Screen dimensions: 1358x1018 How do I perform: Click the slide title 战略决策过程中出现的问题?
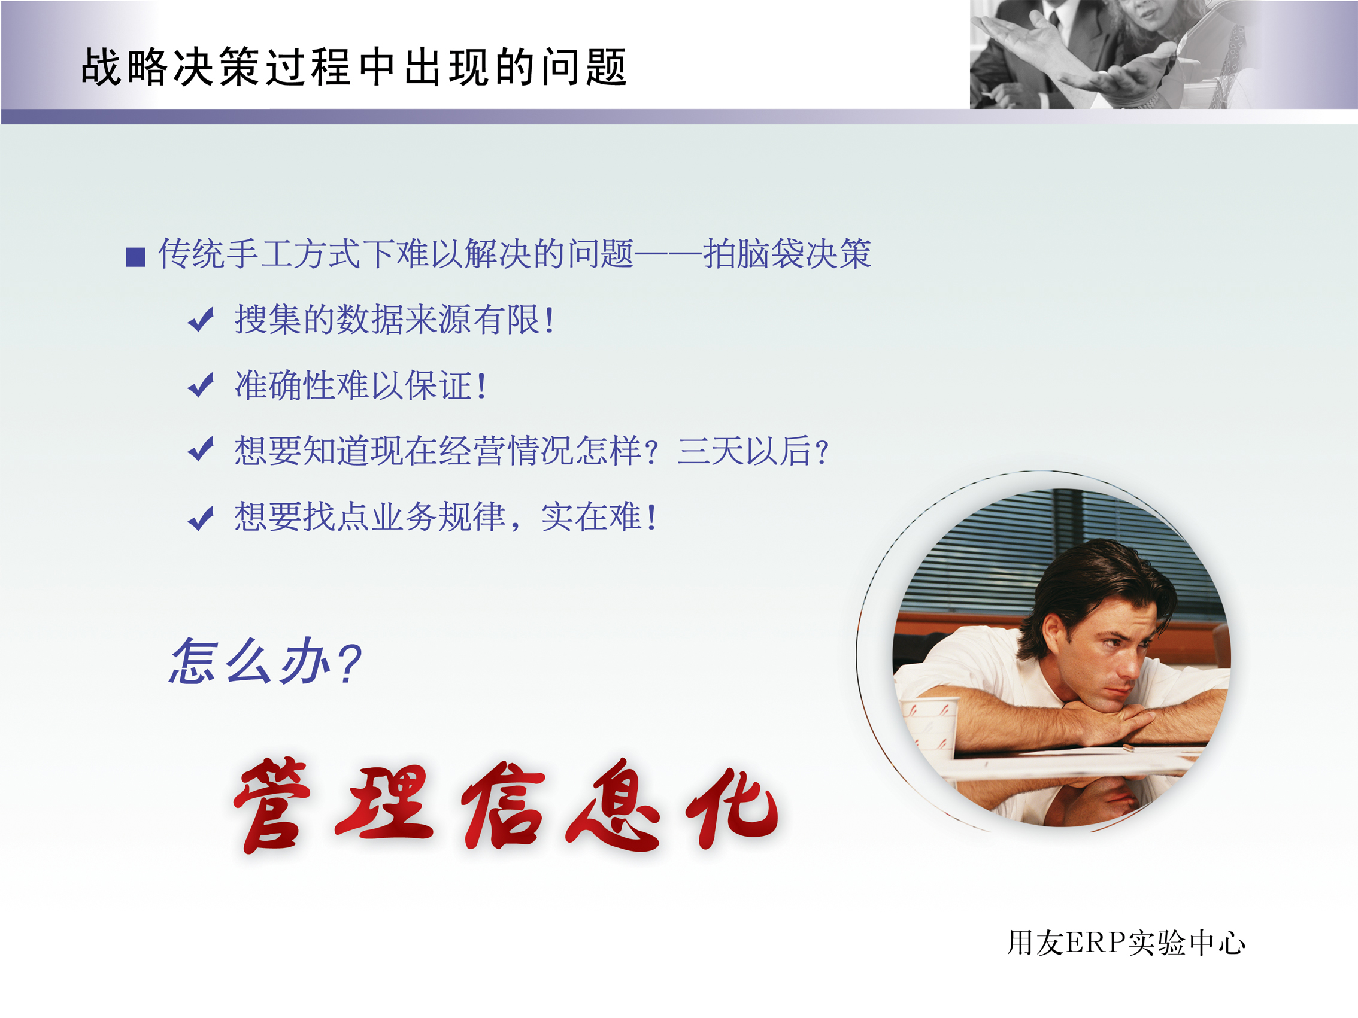[354, 67]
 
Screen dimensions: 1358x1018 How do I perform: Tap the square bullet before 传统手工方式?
[135, 257]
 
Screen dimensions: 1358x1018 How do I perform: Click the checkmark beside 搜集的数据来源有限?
[201, 320]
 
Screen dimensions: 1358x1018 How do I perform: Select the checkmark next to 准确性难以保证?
[201, 385]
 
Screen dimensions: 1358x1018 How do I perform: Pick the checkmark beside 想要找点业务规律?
[201, 518]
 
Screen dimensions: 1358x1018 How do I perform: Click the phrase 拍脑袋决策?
[787, 253]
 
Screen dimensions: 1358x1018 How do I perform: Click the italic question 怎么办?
[265, 661]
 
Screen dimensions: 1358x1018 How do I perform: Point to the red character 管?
[272, 806]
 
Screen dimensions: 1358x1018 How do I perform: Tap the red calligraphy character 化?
[732, 808]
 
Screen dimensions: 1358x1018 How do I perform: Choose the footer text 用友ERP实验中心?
[1126, 943]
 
